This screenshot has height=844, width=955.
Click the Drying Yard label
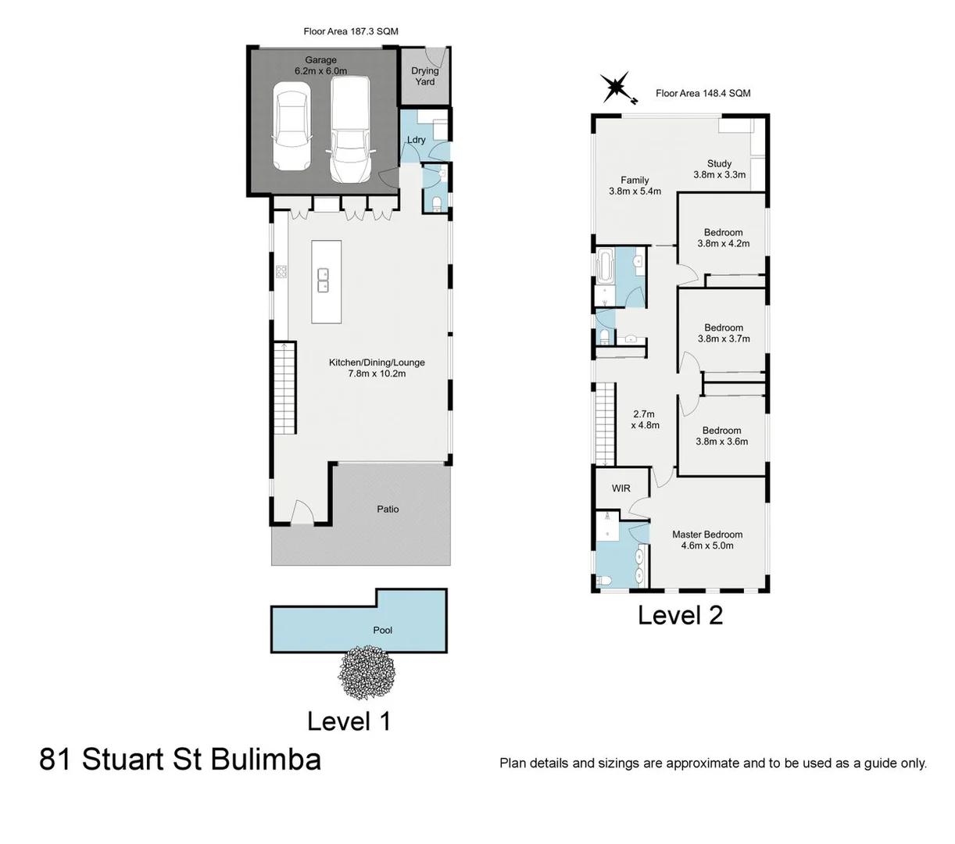(425, 76)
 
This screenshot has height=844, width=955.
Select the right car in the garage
(349, 128)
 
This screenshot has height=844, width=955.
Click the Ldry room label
(417, 140)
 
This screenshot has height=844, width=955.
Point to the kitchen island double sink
(323, 280)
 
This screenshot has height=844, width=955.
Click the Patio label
(388, 510)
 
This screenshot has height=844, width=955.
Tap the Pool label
(383, 630)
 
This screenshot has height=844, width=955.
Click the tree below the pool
(367, 672)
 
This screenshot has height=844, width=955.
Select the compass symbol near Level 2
(615, 88)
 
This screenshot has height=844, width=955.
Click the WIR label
(621, 488)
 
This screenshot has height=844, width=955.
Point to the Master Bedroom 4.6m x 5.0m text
(707, 540)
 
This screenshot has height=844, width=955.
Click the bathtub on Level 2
(606, 266)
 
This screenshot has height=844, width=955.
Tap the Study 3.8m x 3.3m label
(719, 170)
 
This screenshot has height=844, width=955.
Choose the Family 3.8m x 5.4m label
(635, 185)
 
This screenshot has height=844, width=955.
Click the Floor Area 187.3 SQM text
(351, 32)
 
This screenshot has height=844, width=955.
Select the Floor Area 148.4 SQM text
(703, 93)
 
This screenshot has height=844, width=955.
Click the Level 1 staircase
(284, 388)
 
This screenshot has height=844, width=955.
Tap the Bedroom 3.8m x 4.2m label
(723, 238)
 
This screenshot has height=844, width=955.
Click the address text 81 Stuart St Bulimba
(180, 760)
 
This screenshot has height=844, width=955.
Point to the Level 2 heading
(680, 615)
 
